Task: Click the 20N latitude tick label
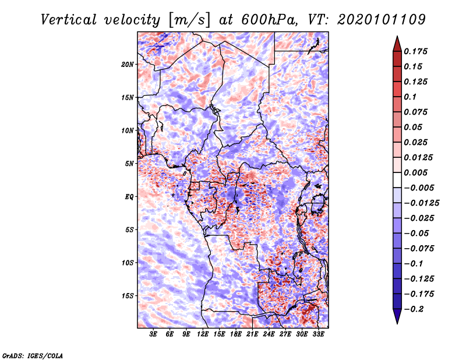(x=128, y=64)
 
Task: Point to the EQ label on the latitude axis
(x=129, y=197)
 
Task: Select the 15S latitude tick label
(x=128, y=296)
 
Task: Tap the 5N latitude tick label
(x=129, y=164)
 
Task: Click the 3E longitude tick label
(x=154, y=334)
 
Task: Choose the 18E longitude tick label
(x=236, y=334)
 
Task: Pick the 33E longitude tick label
(x=318, y=334)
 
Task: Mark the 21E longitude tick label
(x=252, y=334)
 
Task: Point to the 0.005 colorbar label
(x=416, y=172)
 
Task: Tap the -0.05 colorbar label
(x=416, y=233)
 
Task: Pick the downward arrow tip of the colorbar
(x=397, y=322)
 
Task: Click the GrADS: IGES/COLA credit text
(x=32, y=355)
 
